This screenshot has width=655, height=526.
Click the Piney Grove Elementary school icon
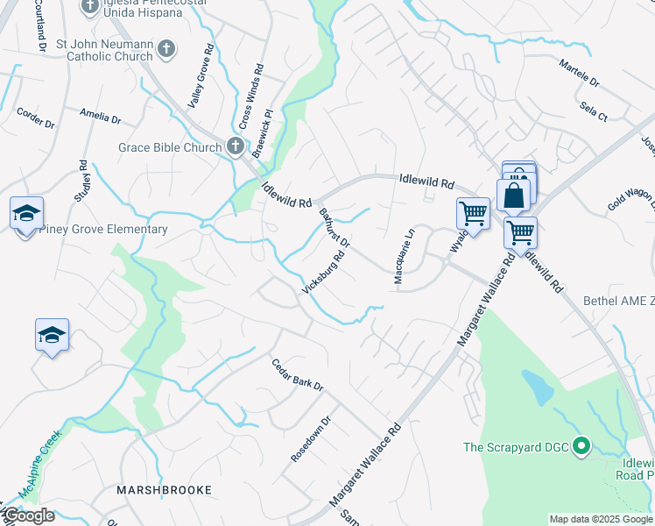(27, 213)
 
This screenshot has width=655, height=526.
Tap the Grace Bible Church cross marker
(235, 146)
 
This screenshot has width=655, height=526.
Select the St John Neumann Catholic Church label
(104, 49)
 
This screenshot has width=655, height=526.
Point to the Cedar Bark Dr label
(298, 374)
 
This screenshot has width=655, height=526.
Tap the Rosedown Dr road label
(311, 437)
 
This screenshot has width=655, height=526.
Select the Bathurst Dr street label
(334, 227)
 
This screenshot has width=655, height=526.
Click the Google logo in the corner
(28, 515)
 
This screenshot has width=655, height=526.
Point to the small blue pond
(537, 387)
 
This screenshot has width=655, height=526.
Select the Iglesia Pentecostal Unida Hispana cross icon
(90, 7)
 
